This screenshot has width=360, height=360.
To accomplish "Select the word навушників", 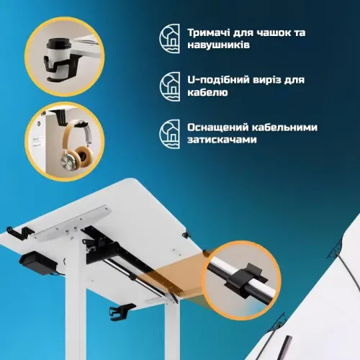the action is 218,45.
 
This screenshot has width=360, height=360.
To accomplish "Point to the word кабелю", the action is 207,92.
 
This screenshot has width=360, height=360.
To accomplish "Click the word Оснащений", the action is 218,127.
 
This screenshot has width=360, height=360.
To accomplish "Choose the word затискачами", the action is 222,140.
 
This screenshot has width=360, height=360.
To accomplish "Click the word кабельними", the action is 284,127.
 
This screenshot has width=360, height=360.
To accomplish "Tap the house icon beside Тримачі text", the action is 170,38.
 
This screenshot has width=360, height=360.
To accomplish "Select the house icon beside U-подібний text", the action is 170,86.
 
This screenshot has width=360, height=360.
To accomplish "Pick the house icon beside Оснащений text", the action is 170,134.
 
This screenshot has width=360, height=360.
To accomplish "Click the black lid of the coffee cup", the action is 58,44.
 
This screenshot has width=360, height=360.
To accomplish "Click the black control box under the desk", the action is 38,263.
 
